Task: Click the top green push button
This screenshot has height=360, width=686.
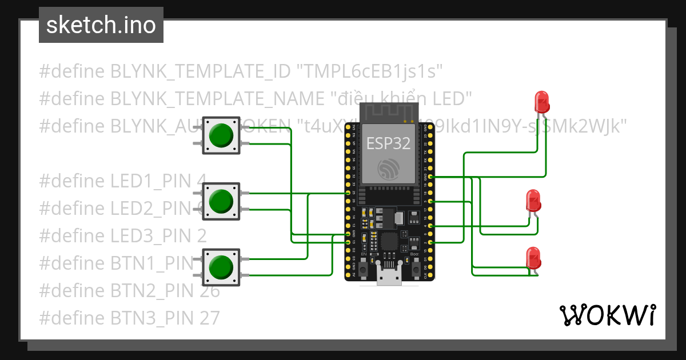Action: pyautogui.click(x=221, y=136)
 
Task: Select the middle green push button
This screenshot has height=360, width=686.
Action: pyautogui.click(x=221, y=201)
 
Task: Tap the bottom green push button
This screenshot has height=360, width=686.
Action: pyautogui.click(x=221, y=267)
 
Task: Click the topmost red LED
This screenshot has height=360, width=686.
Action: pyautogui.click(x=541, y=102)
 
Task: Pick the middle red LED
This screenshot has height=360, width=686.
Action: pyautogui.click(x=533, y=201)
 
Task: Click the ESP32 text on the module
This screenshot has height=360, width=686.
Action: pyautogui.click(x=389, y=143)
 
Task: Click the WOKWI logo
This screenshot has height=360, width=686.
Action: pyautogui.click(x=607, y=315)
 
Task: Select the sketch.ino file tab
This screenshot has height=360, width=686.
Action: pyautogui.click(x=101, y=25)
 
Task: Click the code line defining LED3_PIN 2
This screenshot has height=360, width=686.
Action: pyautogui.click(x=123, y=235)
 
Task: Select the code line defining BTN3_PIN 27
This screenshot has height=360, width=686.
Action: pyautogui.click(x=129, y=318)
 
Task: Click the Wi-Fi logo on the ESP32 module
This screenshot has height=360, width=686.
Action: pyautogui.click(x=389, y=169)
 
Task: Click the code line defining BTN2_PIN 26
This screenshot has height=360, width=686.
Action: pyautogui.click(x=129, y=290)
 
